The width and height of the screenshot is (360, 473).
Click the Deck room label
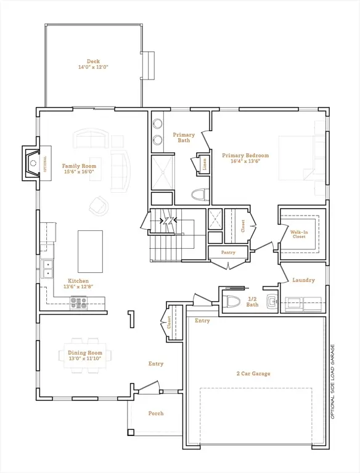(93, 61)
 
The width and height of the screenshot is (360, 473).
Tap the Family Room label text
(79, 166)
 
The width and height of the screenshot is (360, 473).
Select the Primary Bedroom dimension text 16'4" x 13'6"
(245, 162)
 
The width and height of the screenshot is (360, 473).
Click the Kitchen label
(78, 281)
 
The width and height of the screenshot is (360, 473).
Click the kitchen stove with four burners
(78, 302)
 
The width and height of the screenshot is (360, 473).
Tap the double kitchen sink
(47, 269)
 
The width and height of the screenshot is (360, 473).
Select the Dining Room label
(85, 353)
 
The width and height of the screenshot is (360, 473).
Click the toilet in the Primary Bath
(198, 195)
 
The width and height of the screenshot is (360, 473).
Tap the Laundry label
(303, 280)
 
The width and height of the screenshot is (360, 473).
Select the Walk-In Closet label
(299, 233)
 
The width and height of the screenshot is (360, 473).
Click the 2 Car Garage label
(253, 373)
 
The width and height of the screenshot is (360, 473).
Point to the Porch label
(156, 413)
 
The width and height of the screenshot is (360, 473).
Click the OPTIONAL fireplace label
(44, 164)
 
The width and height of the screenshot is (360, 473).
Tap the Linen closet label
(204, 163)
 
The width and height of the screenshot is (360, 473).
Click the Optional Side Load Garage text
(333, 382)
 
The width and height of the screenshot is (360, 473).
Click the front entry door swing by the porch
(148, 387)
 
